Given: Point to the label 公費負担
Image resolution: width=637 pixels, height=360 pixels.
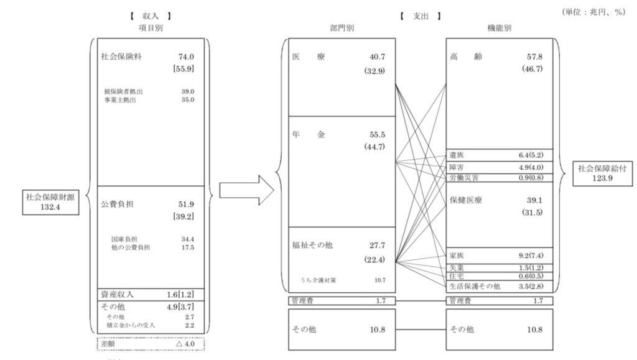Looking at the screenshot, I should coord(118,203).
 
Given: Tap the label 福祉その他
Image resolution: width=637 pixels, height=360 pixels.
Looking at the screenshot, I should coord(312,245).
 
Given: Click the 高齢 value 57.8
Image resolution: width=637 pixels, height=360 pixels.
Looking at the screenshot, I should coord(532,57).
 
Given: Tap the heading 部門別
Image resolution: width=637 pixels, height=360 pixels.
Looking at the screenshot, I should coord(342,27).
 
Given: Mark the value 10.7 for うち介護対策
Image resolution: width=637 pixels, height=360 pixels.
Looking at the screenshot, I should coord(379,280).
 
